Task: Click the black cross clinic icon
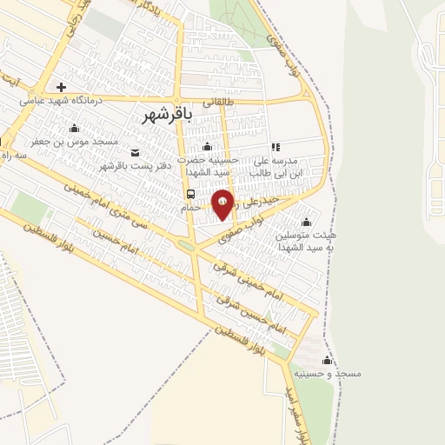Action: click(61, 87)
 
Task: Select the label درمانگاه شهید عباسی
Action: click(61, 101)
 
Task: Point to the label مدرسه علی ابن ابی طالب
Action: click(276, 167)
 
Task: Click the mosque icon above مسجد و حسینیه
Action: click(327, 360)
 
